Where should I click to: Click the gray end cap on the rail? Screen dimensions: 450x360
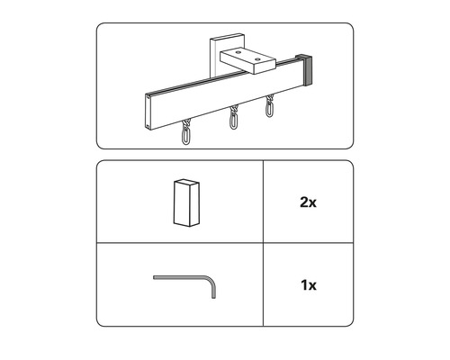coord(306,69)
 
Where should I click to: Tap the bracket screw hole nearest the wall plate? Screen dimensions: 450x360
coord(238,52)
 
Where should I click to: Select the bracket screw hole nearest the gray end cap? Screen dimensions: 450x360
coord(256,59)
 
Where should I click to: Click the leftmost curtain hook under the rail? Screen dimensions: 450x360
coord(186,132)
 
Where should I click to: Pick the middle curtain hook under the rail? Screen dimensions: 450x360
coord(233,117)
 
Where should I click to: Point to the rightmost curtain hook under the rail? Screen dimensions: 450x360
coord(269,105)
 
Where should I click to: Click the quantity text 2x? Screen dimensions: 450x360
coord(308,202)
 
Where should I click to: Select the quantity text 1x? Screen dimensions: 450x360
coord(309,284)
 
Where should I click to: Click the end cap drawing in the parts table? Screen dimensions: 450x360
coord(186,202)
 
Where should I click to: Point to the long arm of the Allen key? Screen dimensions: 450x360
coord(180,277)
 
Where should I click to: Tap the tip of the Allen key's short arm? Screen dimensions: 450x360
coord(213,298)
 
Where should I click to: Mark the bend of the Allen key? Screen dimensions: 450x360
coord(211,281)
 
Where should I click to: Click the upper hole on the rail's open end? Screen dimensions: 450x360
coord(148,96)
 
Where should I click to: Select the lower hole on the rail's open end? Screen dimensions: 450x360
coord(148,125)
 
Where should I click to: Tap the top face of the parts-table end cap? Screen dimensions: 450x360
coord(187,182)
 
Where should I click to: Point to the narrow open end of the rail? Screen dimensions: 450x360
coord(148,112)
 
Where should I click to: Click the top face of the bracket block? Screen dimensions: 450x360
coord(247,56)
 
